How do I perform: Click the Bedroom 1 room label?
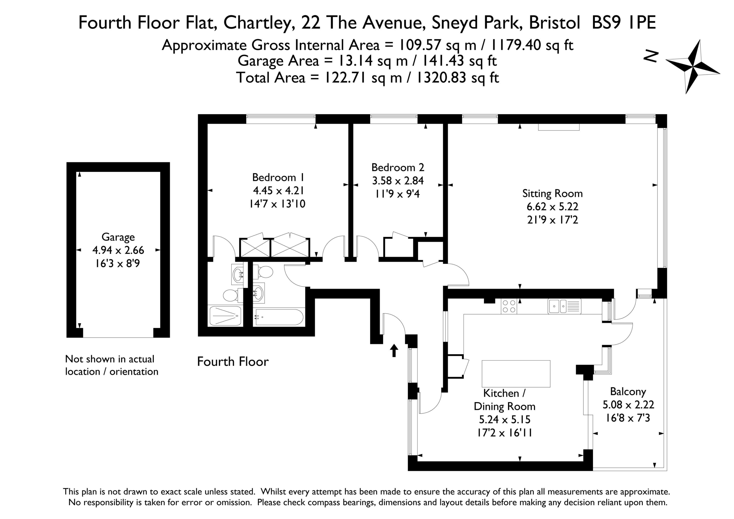[x=278, y=177]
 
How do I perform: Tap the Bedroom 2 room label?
[x=398, y=167]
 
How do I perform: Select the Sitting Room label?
[x=553, y=194]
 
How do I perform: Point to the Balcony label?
[x=628, y=392]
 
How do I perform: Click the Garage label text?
[x=118, y=237]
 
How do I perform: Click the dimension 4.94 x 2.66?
[x=118, y=250]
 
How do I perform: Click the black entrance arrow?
[x=394, y=350]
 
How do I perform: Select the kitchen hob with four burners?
[x=509, y=306]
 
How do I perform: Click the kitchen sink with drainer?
[x=564, y=306]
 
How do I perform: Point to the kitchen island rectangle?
[x=516, y=374]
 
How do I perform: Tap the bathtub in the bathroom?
[x=279, y=317]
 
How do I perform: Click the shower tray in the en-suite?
[x=225, y=316]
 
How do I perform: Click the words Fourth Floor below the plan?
[x=233, y=362]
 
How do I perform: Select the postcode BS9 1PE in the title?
[x=624, y=23]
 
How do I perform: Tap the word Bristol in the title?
[x=554, y=23]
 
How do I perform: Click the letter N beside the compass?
[x=651, y=56]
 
